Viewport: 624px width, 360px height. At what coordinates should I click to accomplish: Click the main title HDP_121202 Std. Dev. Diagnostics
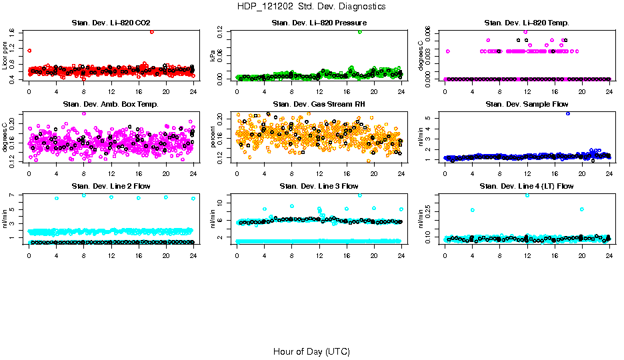[311, 7]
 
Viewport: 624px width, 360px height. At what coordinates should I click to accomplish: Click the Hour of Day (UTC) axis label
[311, 351]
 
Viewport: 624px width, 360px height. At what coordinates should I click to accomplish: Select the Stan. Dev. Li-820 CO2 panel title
[111, 23]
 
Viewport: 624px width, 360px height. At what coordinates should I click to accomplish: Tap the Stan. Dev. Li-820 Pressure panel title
[319, 23]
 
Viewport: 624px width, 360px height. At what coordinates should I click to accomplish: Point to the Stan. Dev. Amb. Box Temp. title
[111, 104]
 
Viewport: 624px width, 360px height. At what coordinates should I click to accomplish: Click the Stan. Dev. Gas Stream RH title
[319, 104]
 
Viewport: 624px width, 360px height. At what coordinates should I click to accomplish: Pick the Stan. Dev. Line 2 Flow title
[111, 185]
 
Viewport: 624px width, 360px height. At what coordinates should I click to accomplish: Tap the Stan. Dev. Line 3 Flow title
[319, 185]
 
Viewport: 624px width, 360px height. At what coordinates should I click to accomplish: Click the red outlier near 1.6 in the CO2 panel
[152, 31]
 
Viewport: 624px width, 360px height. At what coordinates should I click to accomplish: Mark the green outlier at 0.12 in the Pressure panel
[360, 31]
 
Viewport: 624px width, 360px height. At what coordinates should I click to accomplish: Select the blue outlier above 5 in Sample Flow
[568, 113]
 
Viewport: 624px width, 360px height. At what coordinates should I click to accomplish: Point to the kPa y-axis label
[213, 57]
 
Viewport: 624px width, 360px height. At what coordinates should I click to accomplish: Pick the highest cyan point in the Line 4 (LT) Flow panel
[527, 195]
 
